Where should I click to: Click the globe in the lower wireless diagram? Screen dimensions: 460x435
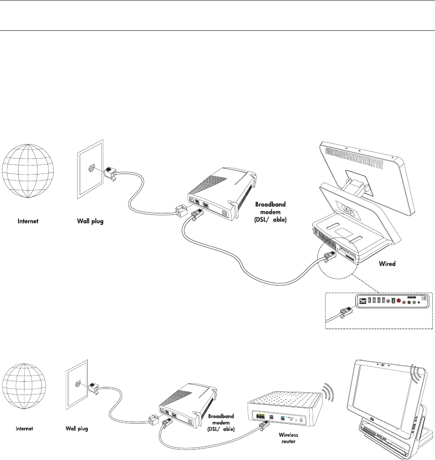pyautogui.click(x=25, y=383)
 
